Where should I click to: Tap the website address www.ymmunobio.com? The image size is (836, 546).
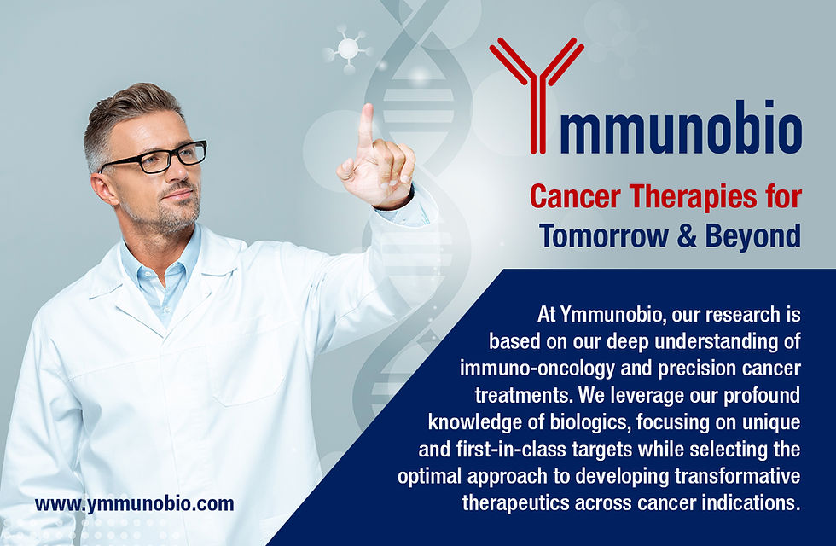[135, 504]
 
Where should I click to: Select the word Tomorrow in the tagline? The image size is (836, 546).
[604, 235]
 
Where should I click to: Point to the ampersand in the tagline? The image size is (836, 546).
[687, 235]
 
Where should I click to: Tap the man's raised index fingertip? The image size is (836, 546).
[366, 110]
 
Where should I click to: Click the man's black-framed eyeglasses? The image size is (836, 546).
[154, 158]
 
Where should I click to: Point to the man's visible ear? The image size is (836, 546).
[103, 189]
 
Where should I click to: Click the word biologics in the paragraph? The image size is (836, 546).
[587, 423]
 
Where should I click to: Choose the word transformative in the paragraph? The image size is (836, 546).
[737, 476]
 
